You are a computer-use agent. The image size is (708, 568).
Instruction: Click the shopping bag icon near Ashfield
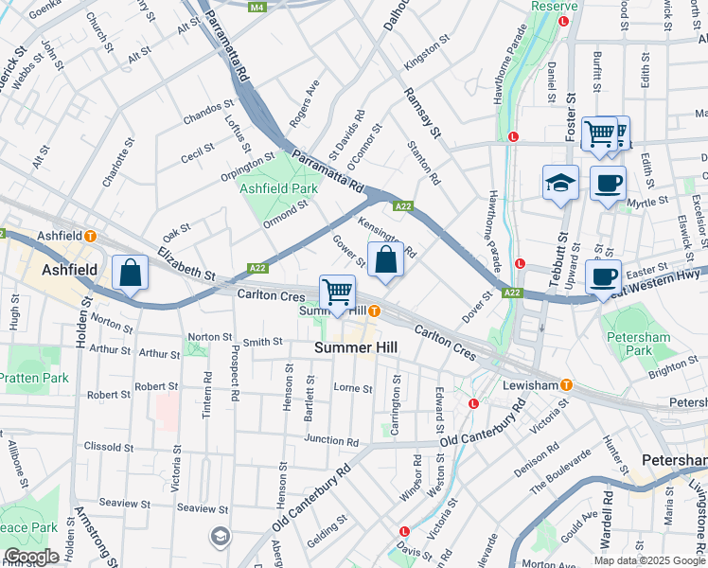tap(131, 274)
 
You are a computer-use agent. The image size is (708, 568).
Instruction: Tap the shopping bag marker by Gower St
tap(385, 260)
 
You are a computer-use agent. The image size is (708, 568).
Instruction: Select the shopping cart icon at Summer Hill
tap(337, 293)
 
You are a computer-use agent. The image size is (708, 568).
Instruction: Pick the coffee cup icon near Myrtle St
tap(608, 182)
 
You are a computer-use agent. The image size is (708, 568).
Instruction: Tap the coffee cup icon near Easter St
tap(603, 277)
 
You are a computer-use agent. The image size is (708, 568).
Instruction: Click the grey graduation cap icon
tap(221, 537)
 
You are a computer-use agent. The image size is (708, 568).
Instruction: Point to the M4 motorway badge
tap(257, 7)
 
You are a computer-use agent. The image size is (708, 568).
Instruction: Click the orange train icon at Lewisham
tap(566, 384)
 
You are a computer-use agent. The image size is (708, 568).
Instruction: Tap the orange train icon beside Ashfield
tap(90, 236)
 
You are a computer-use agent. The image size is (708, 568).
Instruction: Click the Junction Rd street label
tap(331, 440)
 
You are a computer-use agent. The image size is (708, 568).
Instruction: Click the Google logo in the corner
tap(31, 557)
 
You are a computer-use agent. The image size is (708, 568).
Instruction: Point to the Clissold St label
tap(113, 448)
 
